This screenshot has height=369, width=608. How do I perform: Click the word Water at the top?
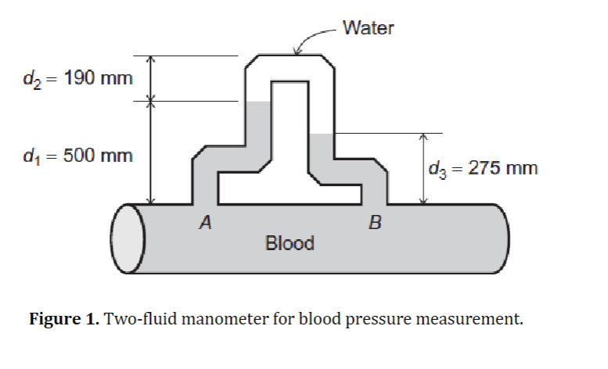click(369, 29)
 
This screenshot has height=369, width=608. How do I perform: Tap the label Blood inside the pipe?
click(290, 243)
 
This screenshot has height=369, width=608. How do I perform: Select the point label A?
click(205, 224)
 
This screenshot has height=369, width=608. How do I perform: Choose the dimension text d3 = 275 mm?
click(483, 168)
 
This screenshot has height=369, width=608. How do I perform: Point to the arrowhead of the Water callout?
click(296, 53)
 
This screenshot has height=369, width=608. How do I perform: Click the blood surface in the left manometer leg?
click(257, 102)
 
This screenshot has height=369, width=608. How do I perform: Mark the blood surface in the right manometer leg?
click(322, 134)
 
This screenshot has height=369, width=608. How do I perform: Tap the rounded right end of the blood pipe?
click(499, 239)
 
